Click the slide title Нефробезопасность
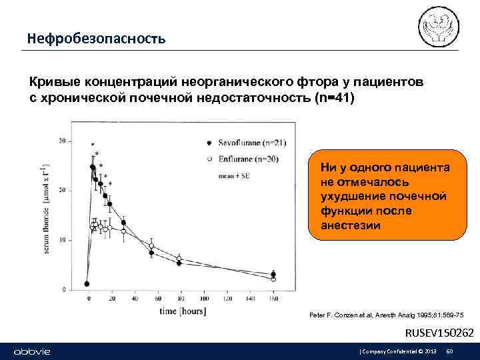(96, 39)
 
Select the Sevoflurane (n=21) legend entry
(246, 143)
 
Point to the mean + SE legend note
(230, 176)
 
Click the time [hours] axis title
(182, 311)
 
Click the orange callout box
(388, 194)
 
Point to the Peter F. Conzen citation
(387, 314)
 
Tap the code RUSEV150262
(440, 332)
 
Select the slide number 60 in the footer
(449, 351)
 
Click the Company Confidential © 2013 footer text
(398, 351)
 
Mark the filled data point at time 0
(87, 283)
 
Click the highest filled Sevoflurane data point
(93, 167)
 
